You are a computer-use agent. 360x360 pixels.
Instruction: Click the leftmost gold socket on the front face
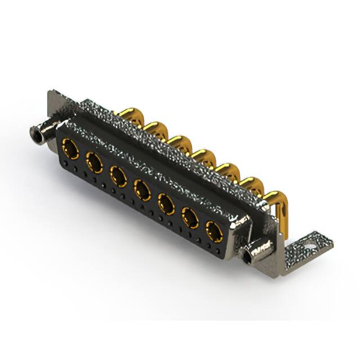click(x=70, y=149)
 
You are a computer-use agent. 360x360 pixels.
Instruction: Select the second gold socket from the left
click(x=94, y=163)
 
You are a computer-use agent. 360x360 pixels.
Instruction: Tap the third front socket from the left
click(x=118, y=176)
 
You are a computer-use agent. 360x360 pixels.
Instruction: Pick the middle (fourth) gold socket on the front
click(x=142, y=190)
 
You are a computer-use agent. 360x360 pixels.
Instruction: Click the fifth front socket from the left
click(x=166, y=204)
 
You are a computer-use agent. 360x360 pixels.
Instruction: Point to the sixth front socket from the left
click(x=190, y=217)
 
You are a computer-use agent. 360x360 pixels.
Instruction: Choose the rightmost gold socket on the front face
click(x=214, y=231)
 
